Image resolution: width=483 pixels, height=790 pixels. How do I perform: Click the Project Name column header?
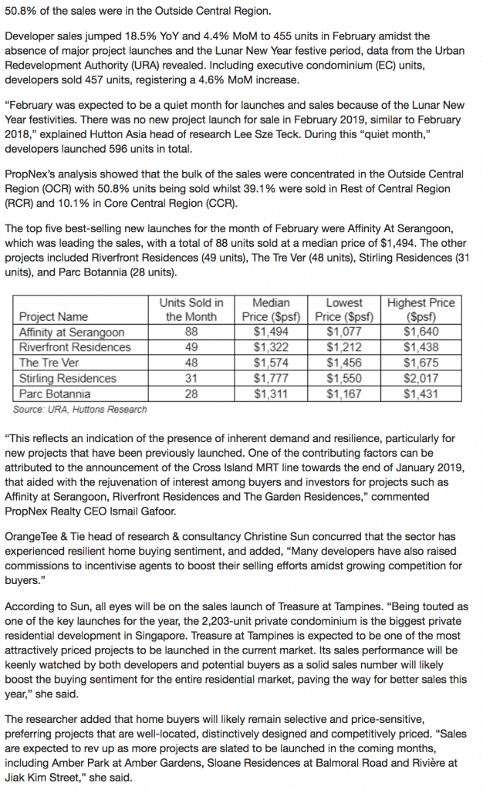(x=53, y=317)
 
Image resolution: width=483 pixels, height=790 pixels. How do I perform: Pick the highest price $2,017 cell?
(x=421, y=379)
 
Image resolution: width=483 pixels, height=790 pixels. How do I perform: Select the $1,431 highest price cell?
(x=421, y=394)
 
